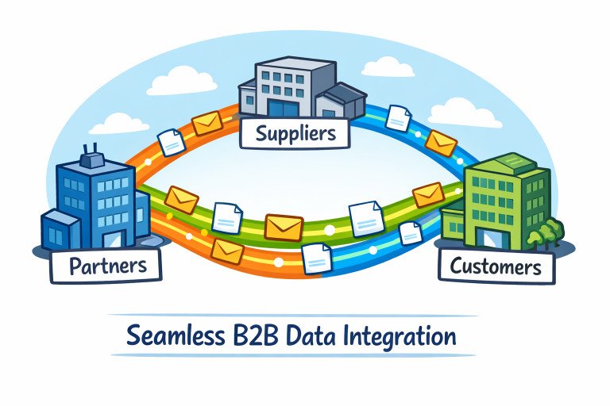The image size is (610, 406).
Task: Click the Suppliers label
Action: (295, 132)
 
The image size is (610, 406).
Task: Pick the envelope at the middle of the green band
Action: (284, 226)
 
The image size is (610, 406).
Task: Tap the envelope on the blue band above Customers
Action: (441, 144)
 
